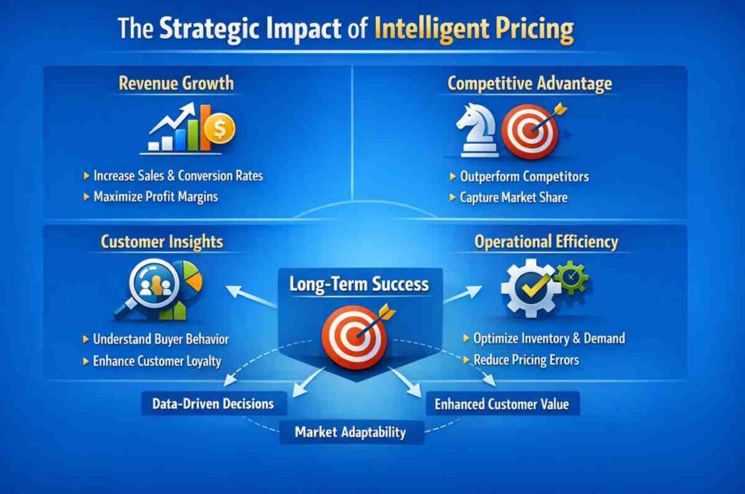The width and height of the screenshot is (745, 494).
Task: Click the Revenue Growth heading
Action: [176, 83]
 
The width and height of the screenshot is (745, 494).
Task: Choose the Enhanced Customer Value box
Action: [502, 404]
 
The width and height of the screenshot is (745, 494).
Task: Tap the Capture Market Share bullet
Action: [513, 197]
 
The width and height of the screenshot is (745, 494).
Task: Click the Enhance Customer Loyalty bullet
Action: [156, 361]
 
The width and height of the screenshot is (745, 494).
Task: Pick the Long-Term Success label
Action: [359, 284]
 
